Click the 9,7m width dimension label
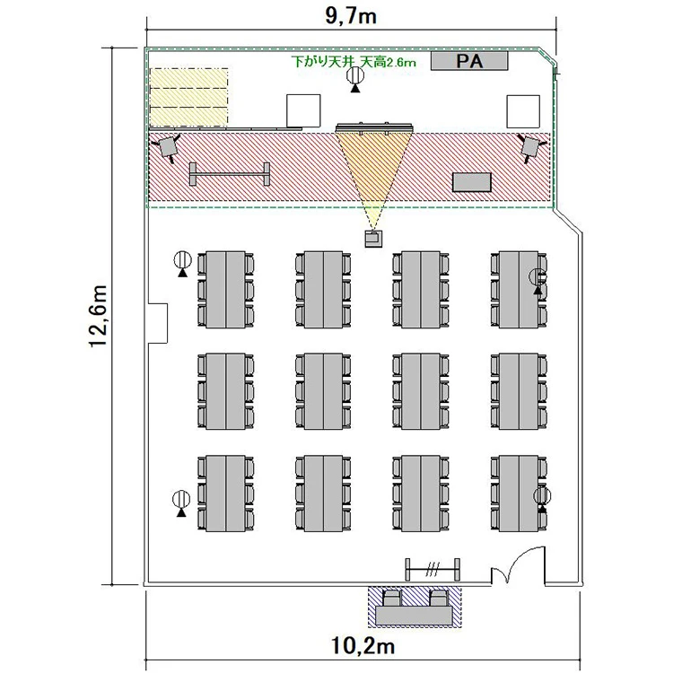[351, 16]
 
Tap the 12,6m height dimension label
[99, 316]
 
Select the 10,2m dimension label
[363, 645]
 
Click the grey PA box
[469, 61]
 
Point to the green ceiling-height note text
[354, 62]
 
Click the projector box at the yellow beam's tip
[374, 239]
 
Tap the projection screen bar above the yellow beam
[374, 127]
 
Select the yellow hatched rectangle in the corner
[188, 98]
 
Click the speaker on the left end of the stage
[168, 147]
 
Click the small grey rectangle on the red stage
[472, 182]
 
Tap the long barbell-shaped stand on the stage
[230, 174]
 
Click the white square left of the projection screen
[303, 110]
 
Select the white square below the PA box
[523, 111]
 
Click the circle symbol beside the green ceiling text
[355, 76]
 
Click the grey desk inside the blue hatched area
[414, 616]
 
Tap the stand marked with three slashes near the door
[433, 570]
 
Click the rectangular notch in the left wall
[158, 324]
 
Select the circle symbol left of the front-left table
[182, 259]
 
